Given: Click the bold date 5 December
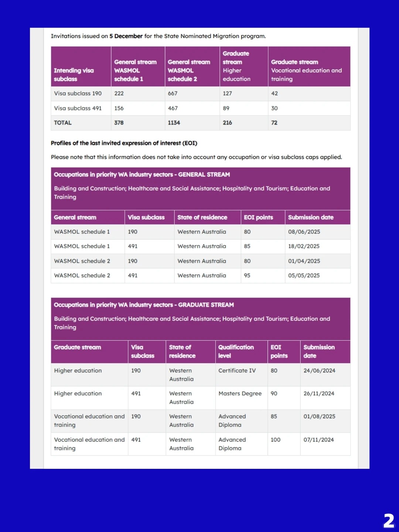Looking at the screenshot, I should click(x=126, y=36).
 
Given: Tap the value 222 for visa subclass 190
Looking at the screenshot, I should click(x=119, y=93).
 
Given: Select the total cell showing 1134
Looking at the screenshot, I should click(x=174, y=123).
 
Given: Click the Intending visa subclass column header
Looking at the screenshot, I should click(x=74, y=75).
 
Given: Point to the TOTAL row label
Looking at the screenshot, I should click(x=63, y=123).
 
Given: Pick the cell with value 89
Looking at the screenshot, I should click(x=226, y=108).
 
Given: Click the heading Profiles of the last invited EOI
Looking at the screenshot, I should click(x=124, y=143).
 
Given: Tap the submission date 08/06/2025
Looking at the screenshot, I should click(x=304, y=232).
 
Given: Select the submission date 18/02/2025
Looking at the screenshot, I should click(x=304, y=246).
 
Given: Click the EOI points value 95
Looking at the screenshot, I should click(x=247, y=275).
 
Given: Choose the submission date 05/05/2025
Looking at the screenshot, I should click(x=304, y=275).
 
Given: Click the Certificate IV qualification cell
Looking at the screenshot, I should click(x=237, y=371).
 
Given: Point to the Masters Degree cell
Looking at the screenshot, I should click(x=240, y=393).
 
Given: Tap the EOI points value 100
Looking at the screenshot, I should click(x=276, y=440).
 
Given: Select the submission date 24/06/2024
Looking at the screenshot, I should click(x=320, y=371).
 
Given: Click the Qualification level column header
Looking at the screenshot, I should click(x=236, y=351).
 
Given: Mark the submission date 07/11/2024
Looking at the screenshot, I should click(x=319, y=440).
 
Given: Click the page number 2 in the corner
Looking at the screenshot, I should click(x=389, y=521).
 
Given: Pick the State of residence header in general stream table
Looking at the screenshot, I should click(x=202, y=217).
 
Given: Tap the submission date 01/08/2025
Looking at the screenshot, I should click(x=320, y=416).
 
